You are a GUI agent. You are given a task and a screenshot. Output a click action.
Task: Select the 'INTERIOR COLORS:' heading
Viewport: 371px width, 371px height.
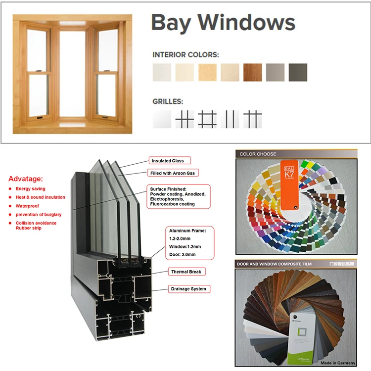(185, 55)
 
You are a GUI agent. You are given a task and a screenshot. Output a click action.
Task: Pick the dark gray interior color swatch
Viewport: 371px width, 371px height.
(298, 72)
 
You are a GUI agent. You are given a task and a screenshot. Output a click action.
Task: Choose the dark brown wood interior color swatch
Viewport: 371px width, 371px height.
(252, 72)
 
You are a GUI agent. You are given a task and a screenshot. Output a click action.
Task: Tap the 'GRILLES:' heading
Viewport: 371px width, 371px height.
(168, 101)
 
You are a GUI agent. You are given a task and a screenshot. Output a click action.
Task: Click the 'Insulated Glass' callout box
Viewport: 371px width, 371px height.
(168, 161)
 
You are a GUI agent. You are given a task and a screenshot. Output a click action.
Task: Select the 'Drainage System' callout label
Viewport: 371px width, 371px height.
(188, 289)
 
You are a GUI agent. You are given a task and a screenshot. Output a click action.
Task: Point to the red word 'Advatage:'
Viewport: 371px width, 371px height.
(26, 179)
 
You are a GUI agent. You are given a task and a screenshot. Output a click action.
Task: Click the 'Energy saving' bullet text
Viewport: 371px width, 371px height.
(31, 189)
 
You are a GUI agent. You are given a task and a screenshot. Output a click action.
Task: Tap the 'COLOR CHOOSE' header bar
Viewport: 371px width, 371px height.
(258, 154)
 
